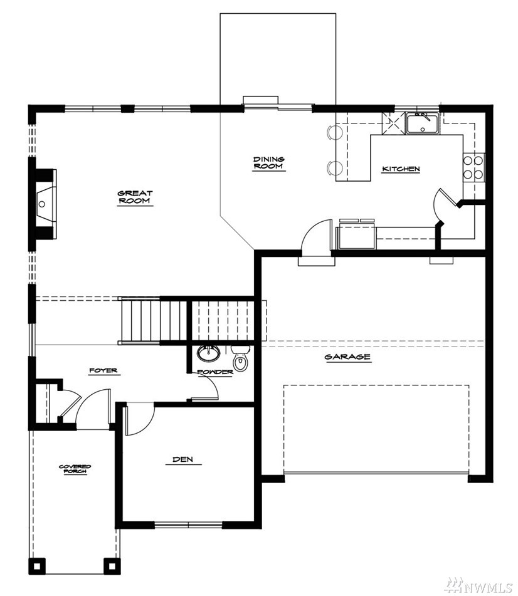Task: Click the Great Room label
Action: click(135, 197)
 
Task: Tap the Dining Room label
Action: click(269, 163)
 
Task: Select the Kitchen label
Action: click(401, 169)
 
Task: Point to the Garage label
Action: click(347, 357)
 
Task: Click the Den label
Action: click(183, 459)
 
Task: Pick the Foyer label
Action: click(103, 370)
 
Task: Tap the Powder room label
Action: click(215, 372)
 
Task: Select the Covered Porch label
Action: click(75, 469)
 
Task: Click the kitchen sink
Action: click(423, 123)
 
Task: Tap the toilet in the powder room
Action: click(240, 358)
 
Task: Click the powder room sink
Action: click(208, 353)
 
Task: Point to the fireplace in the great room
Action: click(46, 204)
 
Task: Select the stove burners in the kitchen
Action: click(473, 167)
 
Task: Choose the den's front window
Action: click(188, 525)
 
